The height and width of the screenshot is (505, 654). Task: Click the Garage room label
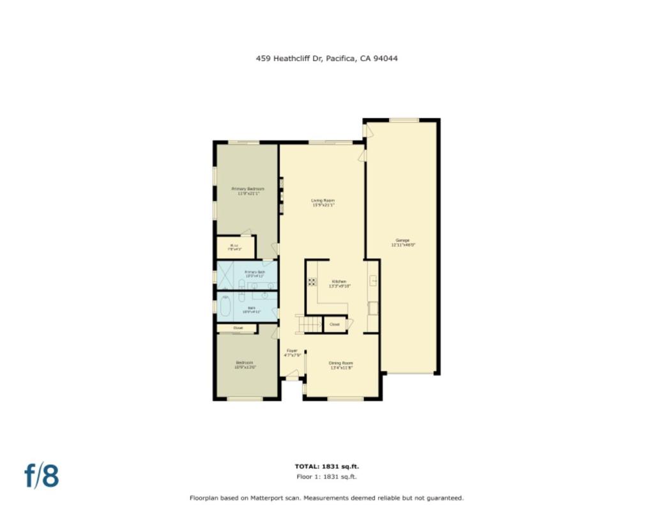402,242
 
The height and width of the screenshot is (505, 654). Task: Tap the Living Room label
323,203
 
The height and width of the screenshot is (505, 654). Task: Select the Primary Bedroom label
248,191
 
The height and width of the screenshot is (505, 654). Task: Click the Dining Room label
341,365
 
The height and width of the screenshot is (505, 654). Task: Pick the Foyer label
292,352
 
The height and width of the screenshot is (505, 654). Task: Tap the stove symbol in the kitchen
312,282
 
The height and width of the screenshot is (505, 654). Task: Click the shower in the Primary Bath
225,276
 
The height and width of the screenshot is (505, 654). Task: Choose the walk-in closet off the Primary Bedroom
235,247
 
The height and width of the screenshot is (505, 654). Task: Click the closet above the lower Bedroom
238,328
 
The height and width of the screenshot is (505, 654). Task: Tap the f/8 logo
42,476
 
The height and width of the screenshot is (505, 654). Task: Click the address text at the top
327,58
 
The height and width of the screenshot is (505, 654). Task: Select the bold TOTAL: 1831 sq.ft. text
327,467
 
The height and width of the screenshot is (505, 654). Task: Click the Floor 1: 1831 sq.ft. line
327,476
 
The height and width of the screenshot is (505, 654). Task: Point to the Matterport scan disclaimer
327,498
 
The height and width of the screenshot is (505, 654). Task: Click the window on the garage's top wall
404,120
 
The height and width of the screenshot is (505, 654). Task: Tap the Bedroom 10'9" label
245,365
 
